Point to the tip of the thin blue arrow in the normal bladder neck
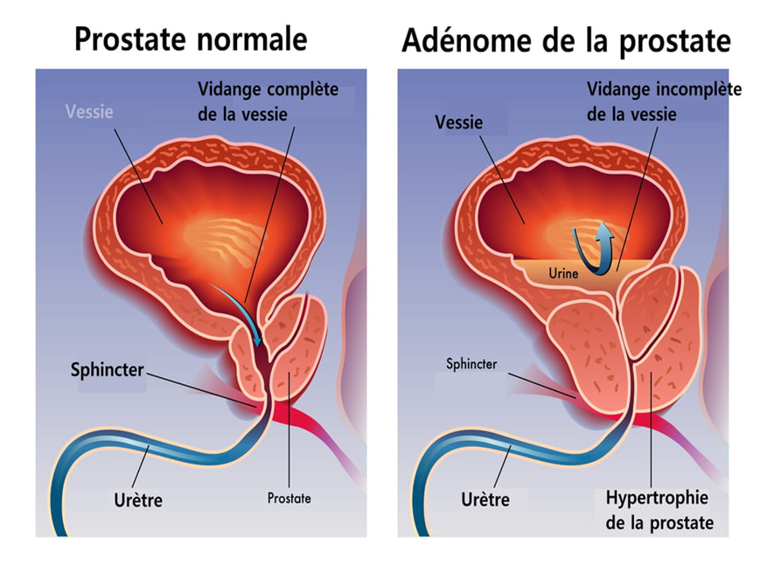click(x=260, y=346)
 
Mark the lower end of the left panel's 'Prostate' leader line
click(x=289, y=487)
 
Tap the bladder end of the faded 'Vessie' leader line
click(x=163, y=224)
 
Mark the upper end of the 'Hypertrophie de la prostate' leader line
click(x=651, y=373)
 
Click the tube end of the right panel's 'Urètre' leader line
click(x=511, y=446)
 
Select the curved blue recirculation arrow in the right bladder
click(x=593, y=248)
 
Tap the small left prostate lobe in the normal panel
click(x=248, y=360)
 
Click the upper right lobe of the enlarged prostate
click(x=650, y=310)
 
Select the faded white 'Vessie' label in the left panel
click(x=89, y=112)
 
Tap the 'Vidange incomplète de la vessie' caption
click(x=664, y=101)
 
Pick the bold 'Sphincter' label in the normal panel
click(x=107, y=369)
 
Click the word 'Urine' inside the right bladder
click(x=563, y=274)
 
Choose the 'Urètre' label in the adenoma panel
click(x=485, y=499)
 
